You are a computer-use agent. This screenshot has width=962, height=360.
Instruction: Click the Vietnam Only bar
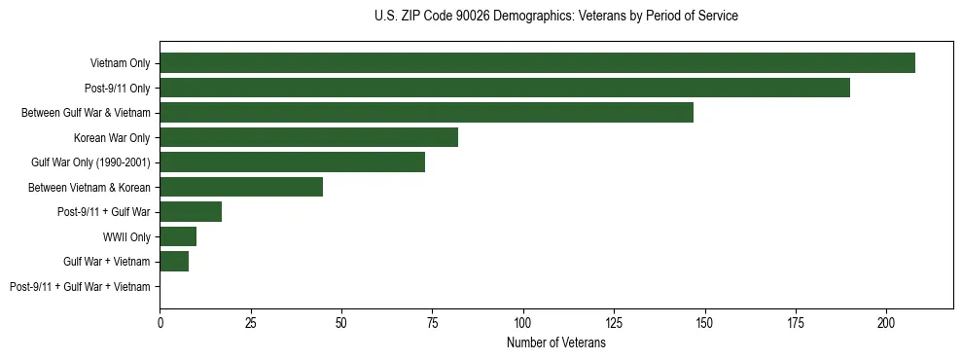537,63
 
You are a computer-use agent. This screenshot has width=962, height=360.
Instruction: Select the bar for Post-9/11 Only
505,88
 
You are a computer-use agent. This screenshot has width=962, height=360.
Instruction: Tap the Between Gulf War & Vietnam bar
426,113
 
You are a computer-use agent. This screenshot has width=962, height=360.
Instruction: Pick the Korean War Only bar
308,137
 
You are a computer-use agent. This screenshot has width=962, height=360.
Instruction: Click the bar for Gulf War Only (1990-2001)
292,162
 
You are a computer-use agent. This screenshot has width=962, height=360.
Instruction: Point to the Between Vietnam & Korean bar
241,187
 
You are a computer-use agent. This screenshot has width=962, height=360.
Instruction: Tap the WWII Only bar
178,236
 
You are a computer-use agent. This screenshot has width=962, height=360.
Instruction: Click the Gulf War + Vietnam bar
174,261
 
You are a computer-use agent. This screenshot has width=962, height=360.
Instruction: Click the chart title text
555,17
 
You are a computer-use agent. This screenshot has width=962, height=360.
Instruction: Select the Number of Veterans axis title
555,343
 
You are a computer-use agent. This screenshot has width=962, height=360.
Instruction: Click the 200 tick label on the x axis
886,322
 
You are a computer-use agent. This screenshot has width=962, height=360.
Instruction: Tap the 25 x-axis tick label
251,322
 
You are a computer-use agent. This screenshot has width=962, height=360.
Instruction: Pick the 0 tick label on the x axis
160,322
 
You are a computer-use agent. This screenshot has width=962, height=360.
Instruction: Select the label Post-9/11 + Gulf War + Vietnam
80,286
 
